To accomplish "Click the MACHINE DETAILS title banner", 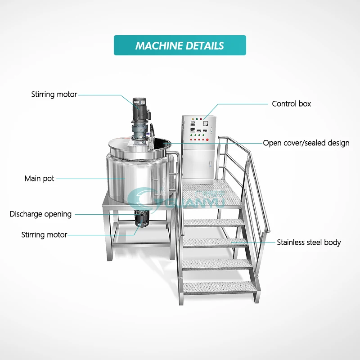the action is (180, 45).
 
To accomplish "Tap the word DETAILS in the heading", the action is (205, 46).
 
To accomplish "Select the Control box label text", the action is (291, 104).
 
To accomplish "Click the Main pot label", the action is (39, 179).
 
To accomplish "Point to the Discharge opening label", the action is (40, 214).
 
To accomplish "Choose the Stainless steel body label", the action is (309, 243).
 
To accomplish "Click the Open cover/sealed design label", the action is (306, 143).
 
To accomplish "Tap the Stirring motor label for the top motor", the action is (54, 94).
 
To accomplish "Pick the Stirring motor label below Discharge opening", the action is (44, 234).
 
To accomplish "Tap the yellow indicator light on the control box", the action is (193, 119).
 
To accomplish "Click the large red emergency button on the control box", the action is (207, 139).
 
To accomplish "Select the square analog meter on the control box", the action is (206, 123).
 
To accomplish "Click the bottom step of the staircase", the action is (220, 288).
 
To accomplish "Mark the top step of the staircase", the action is (214, 222).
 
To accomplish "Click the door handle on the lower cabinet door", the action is (210, 164).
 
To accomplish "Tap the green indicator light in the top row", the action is (197, 119).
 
